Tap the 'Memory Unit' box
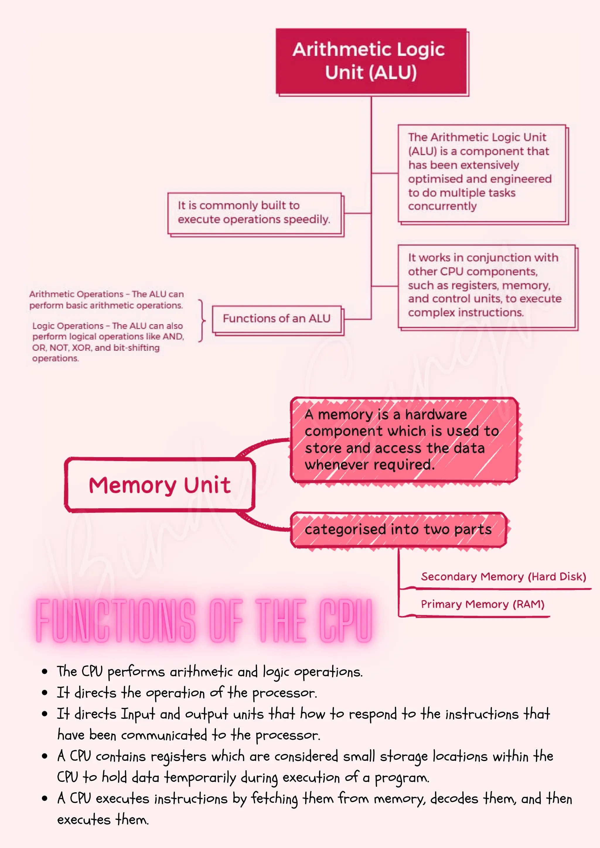[x=160, y=485]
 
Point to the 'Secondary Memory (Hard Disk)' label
[x=503, y=577]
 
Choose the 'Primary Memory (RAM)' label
[x=482, y=604]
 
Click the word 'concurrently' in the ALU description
[x=442, y=206]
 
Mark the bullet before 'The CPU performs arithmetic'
[x=45, y=672]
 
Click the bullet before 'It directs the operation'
[x=45, y=693]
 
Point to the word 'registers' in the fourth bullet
[x=178, y=757]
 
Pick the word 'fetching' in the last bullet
[x=274, y=799]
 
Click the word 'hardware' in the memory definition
[x=436, y=414]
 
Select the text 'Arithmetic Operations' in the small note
[x=76, y=294]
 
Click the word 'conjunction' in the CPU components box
[x=498, y=257]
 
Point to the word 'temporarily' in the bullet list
[x=200, y=778]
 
